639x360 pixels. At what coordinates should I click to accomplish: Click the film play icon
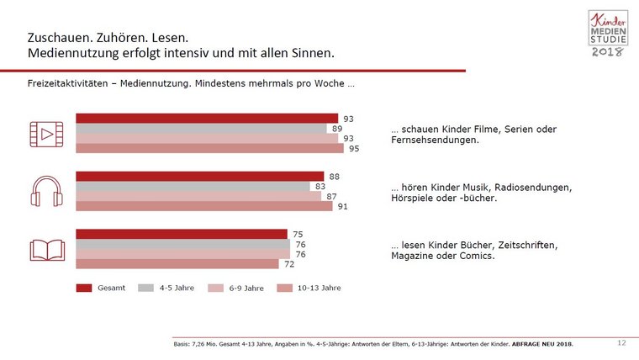click(46, 134)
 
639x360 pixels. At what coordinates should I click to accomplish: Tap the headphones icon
click(46, 192)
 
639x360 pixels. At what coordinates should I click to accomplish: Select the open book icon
click(46, 249)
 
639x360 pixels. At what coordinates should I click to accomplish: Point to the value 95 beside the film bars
click(354, 149)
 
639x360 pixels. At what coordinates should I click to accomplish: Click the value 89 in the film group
click(337, 129)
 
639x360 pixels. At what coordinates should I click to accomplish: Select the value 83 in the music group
click(320, 186)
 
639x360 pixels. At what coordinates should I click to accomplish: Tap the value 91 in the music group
click(343, 206)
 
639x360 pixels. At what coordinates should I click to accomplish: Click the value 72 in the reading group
click(289, 263)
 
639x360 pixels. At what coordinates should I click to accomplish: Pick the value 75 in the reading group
click(298, 234)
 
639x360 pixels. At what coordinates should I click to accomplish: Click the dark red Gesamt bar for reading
click(182, 234)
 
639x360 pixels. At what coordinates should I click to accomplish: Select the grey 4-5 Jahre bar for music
click(193, 186)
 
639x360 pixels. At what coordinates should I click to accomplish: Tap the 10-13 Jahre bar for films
click(209, 149)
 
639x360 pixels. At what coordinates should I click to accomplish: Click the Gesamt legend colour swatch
click(83, 288)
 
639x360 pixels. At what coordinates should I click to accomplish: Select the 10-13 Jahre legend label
click(319, 288)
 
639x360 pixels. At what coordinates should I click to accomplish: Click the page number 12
click(621, 342)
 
